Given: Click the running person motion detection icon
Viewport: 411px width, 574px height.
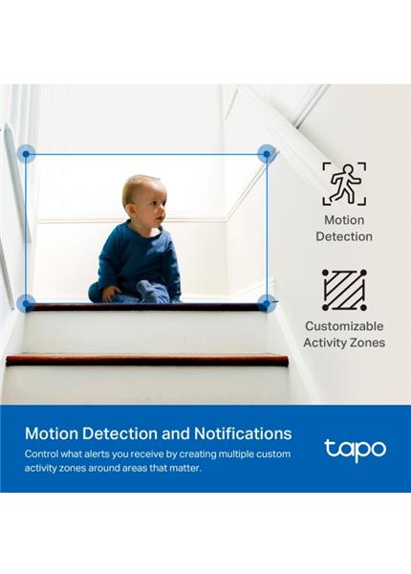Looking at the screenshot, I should [x=343, y=183].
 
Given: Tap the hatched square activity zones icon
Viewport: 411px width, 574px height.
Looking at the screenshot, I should [x=343, y=290].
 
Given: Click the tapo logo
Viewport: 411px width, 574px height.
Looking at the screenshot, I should [x=355, y=449].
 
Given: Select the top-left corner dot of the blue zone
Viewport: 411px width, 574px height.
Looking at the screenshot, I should [x=26, y=154].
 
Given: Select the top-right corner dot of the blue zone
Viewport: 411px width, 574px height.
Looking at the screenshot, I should [x=267, y=154].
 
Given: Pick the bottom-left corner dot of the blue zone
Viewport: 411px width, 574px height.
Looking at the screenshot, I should [x=26, y=303].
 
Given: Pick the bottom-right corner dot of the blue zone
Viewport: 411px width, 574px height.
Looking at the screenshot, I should [x=267, y=303].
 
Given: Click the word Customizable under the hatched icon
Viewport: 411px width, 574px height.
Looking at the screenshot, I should [x=345, y=325].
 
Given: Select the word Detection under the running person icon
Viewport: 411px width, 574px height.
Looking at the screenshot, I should [x=344, y=236].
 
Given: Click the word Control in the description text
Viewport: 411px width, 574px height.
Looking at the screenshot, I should [x=46, y=453].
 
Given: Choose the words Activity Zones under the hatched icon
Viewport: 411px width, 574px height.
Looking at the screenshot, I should [x=344, y=342].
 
